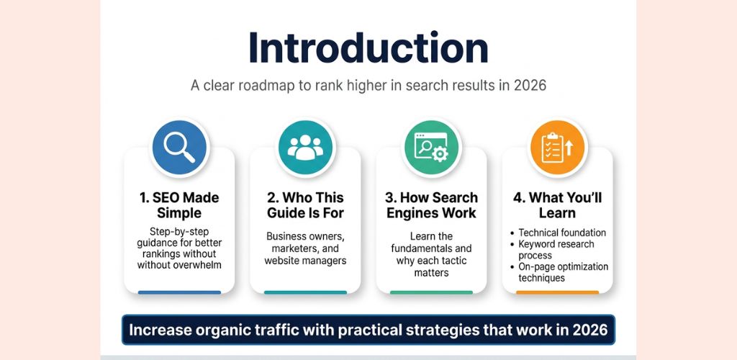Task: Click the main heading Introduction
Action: click(368, 48)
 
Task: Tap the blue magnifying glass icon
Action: click(179, 148)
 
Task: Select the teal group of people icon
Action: click(305, 148)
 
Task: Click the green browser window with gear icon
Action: click(431, 148)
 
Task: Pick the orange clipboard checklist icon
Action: click(558, 148)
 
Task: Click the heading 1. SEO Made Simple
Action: click(179, 205)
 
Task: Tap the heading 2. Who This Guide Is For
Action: click(305, 205)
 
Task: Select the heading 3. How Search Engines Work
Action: click(431, 205)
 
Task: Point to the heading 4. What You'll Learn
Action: click(558, 205)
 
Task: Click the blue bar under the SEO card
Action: click(179, 292)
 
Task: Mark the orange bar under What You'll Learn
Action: click(558, 292)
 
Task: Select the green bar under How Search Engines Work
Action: click(431, 292)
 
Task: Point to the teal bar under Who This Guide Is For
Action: click(305, 292)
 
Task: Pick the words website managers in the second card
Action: click(305, 261)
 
